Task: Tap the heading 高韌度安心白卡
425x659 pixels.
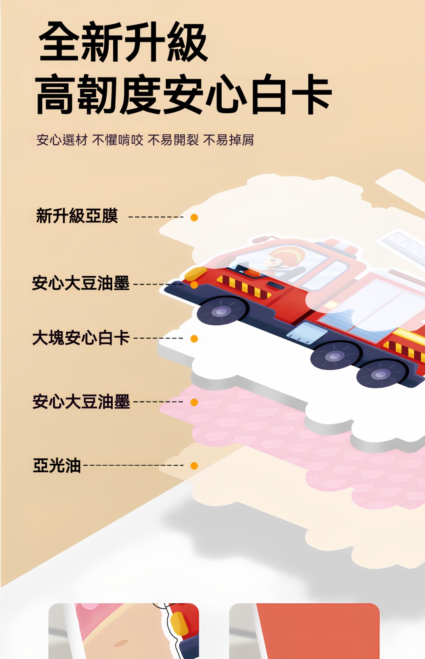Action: (x=183, y=94)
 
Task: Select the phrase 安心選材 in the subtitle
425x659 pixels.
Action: (x=62, y=140)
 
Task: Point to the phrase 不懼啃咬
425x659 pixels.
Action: (x=118, y=140)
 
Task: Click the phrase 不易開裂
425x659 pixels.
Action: (x=173, y=140)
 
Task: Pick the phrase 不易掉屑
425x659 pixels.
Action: (x=228, y=140)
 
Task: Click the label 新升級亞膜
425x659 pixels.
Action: (x=77, y=216)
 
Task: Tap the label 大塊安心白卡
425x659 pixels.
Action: (x=81, y=337)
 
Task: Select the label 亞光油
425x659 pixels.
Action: (x=57, y=465)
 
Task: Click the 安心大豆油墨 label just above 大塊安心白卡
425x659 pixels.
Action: (x=81, y=283)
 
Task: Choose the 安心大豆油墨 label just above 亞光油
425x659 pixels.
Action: (x=81, y=401)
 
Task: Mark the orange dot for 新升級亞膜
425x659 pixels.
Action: (x=194, y=217)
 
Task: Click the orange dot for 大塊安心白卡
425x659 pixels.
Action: (x=194, y=339)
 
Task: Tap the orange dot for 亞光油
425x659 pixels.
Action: (x=194, y=466)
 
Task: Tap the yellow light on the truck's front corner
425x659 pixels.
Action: (x=195, y=273)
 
